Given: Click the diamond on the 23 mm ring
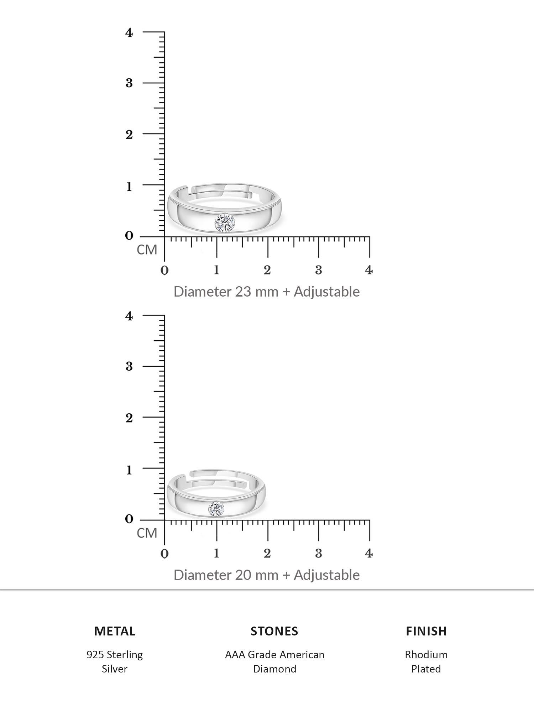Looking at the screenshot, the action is tap(225, 223).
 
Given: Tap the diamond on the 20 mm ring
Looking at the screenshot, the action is tap(216, 509).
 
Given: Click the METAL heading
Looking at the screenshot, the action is tap(115, 631).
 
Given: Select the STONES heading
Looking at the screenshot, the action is tap(274, 631).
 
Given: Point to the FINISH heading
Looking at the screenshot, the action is tap(426, 631).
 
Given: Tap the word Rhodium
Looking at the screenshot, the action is tap(426, 655).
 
